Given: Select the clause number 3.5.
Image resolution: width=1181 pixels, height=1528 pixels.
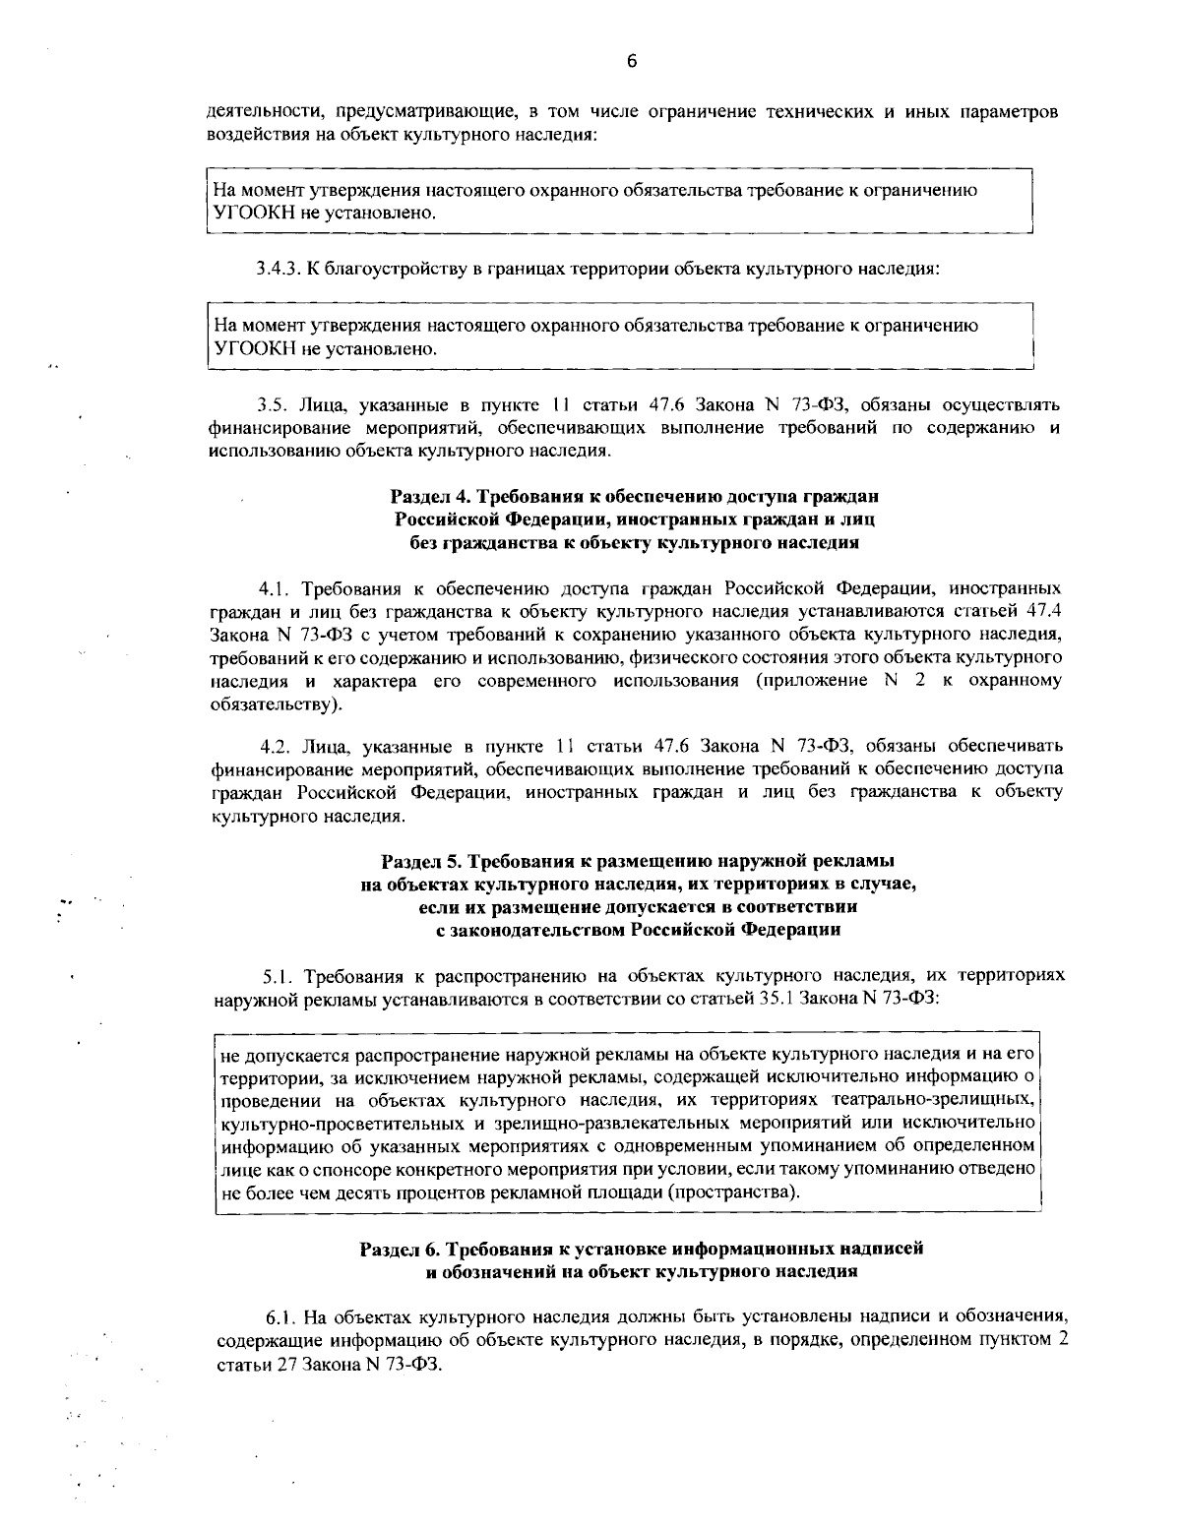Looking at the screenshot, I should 270,404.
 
